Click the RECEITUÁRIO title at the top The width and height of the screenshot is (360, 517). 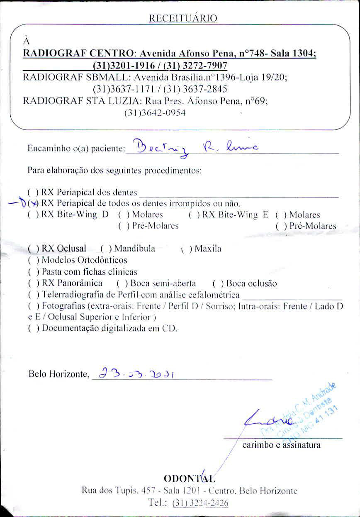[182, 18]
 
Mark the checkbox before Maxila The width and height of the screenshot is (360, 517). [185, 249]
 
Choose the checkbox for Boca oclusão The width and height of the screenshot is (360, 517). [216, 284]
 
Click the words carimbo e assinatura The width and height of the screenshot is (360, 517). [281, 445]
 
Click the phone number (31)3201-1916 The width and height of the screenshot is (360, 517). [116, 66]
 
